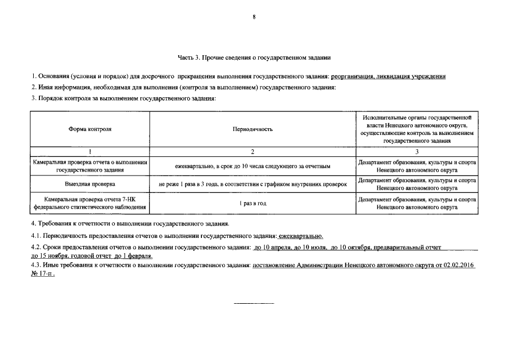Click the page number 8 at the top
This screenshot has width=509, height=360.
254,17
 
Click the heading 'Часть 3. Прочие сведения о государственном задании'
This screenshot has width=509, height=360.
254,57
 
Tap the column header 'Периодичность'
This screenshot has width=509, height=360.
253,129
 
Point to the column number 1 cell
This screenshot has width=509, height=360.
90,152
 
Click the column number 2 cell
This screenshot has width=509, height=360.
253,152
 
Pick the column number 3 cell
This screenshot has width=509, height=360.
417,152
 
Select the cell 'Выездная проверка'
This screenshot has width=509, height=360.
90,184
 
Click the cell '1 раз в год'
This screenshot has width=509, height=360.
253,203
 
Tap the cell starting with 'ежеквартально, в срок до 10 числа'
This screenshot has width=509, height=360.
253,166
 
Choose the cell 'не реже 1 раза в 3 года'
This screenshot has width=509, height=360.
253,184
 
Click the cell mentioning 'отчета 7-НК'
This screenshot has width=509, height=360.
90,203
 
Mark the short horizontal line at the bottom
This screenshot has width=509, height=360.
254,304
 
